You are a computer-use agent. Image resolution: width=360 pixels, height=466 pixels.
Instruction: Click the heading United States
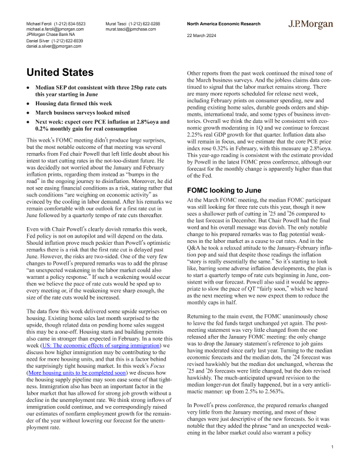click(x=61, y=73)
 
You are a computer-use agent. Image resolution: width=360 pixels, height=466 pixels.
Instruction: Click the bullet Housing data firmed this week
click(x=76, y=103)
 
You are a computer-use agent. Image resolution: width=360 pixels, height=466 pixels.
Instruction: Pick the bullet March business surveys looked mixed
click(x=83, y=112)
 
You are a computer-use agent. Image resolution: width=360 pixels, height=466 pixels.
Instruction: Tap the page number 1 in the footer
click(x=332, y=448)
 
